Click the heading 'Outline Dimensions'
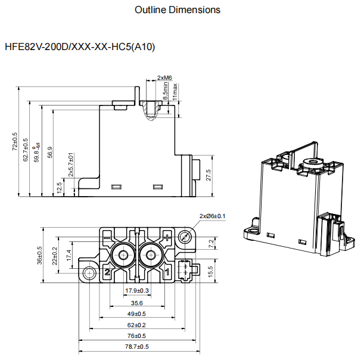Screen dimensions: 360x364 click(178, 10)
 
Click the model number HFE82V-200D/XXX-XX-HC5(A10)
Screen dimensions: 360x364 click(80, 46)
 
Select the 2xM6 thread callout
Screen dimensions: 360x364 click(164, 78)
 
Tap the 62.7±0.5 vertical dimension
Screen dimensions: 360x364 click(26, 150)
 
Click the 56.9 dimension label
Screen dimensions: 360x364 click(50, 153)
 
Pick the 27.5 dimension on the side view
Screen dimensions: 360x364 click(208, 176)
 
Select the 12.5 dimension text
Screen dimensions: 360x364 click(59, 188)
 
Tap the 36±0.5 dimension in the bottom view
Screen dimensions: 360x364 click(40, 255)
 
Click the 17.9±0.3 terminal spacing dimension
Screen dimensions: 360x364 click(136, 290)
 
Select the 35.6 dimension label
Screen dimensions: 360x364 click(136, 302)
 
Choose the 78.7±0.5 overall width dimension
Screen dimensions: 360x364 click(136, 346)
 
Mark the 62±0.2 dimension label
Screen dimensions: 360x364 click(136, 324)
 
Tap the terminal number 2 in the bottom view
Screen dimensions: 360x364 click(107, 272)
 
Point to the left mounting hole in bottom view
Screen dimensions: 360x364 click(89, 272)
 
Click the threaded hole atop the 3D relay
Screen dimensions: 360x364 click(309, 161)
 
